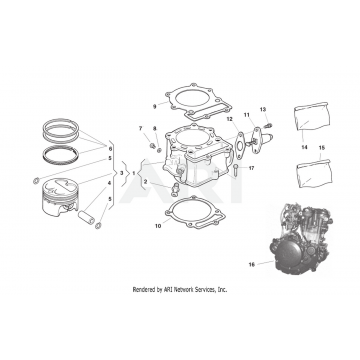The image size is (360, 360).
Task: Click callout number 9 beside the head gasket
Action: (x=154, y=107)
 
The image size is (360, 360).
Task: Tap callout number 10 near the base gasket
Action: (x=158, y=226)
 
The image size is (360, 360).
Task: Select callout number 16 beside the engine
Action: (x=252, y=264)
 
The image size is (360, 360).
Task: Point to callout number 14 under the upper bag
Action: (x=304, y=147)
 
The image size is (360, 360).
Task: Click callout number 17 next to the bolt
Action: (x=251, y=168)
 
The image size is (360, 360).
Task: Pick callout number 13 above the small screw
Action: (x=263, y=109)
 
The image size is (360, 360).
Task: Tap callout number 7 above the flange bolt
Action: (x=140, y=128)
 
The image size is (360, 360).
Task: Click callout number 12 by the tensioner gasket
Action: (x=154, y=128)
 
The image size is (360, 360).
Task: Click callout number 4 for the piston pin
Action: (x=109, y=183)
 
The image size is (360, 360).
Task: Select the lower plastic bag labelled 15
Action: (x=314, y=173)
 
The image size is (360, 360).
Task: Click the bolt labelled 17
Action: (x=236, y=170)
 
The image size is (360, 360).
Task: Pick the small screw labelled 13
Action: (x=269, y=126)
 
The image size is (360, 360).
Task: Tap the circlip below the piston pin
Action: (x=98, y=226)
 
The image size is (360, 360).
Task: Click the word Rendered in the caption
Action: (x=144, y=289)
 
